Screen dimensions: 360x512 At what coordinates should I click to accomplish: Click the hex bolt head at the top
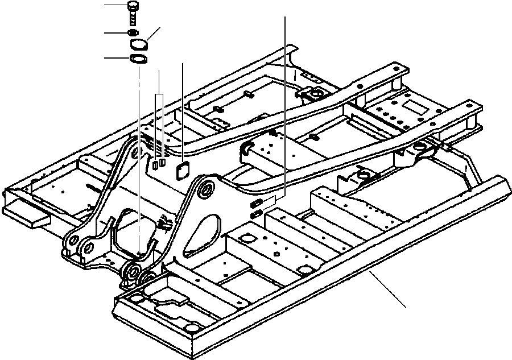(x=133, y=6)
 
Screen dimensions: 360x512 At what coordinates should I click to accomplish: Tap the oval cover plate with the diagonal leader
(x=140, y=45)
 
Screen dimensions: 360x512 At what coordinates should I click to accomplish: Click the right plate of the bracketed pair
(x=163, y=163)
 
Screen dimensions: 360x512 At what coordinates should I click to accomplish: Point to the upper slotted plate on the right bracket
(x=257, y=202)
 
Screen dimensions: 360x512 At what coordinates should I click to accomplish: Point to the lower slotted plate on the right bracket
(x=257, y=213)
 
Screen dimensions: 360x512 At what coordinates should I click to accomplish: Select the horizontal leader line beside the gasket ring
(x=117, y=57)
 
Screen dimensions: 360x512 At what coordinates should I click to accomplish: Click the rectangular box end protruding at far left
(x=26, y=214)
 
